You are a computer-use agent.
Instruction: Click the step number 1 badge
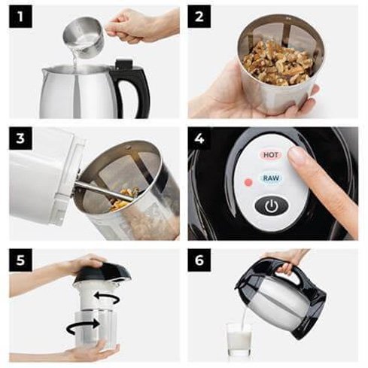20,17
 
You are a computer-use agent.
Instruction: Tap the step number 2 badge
199,17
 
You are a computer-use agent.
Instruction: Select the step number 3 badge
20,138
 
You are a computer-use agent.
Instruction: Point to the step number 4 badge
199,138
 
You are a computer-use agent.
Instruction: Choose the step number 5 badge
20,260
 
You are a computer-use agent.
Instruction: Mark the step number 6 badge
199,260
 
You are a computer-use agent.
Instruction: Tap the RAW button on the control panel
271,178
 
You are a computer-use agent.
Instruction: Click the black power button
272,205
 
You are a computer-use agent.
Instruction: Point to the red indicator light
248,182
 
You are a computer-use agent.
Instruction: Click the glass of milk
239,339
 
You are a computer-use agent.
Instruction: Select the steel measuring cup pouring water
84,35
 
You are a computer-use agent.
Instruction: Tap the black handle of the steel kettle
130,89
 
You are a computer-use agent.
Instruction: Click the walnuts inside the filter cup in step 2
278,62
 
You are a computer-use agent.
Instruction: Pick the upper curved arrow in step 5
107,299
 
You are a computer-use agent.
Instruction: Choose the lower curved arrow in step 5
83,326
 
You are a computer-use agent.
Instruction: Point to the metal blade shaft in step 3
104,191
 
